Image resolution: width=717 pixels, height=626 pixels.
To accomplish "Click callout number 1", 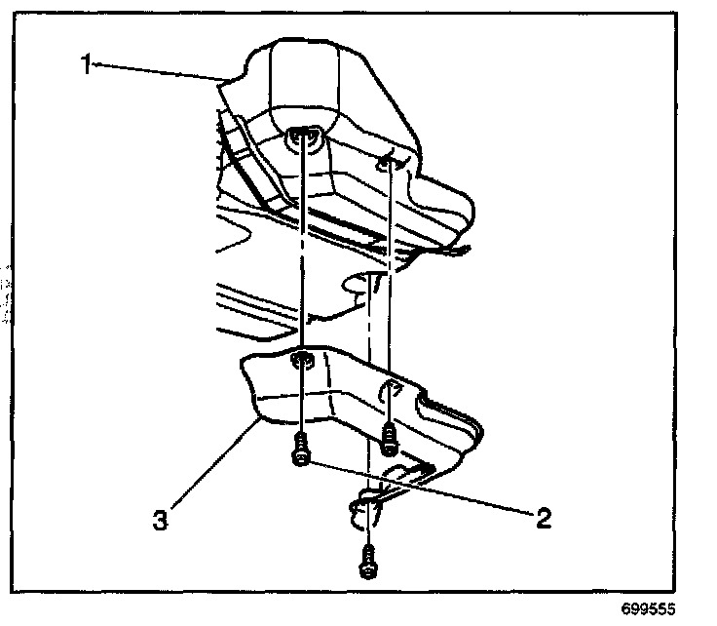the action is (x=88, y=64).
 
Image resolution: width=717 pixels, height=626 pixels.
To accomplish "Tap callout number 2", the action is (x=544, y=516).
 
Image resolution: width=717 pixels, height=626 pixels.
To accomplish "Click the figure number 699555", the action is (x=645, y=609).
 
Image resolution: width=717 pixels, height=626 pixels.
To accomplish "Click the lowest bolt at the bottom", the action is (x=367, y=564).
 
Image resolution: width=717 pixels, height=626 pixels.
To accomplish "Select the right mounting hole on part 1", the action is (x=390, y=163).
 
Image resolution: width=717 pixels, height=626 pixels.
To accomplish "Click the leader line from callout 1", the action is (x=161, y=71).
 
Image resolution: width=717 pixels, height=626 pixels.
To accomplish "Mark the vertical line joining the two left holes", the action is (x=304, y=254).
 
